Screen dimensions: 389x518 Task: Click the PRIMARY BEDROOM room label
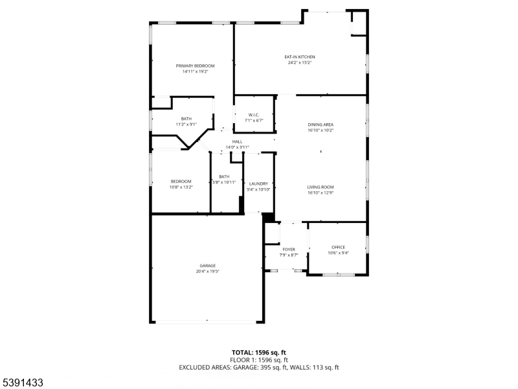coord(195,66)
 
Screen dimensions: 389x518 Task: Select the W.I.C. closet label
coord(254,115)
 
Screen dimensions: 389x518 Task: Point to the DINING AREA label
coord(321,124)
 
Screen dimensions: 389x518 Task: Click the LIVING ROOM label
coord(321,187)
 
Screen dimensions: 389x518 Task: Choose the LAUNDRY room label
coord(258,184)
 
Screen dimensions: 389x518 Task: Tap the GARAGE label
coord(207,266)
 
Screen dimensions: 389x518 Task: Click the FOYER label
coord(289,250)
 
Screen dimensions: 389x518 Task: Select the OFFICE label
coord(338,247)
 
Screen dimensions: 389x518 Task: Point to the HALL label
coord(237,141)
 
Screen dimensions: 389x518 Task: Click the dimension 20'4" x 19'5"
coord(207,272)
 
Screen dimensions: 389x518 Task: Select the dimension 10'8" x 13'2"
coord(181,187)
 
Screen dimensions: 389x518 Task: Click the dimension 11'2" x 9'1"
coord(186,124)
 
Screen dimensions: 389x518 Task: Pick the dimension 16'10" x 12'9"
coord(321,193)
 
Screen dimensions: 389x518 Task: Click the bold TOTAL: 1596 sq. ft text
coord(259,352)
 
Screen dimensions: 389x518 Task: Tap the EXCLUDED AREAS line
coord(259,368)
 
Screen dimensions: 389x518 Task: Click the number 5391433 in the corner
coord(22,383)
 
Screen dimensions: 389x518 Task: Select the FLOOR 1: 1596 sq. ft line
coord(259,360)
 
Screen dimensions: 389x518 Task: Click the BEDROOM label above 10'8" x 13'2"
coord(181,182)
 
